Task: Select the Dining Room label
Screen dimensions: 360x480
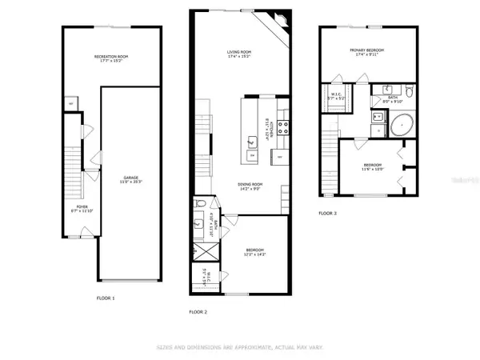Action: click(x=249, y=186)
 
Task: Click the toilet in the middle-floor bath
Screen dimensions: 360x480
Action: click(x=203, y=204)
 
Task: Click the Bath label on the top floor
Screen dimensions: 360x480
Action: click(x=379, y=98)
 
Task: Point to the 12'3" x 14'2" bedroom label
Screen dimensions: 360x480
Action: click(x=255, y=253)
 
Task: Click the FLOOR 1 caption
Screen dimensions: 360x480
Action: click(x=106, y=298)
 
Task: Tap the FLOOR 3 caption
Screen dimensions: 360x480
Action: click(x=328, y=214)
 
